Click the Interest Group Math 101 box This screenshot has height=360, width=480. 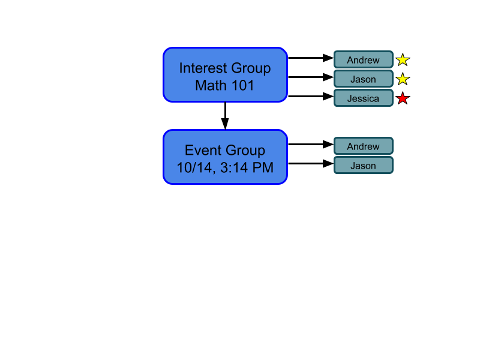pos(225,75)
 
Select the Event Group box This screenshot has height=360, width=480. pos(225,157)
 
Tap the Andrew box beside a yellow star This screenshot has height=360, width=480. pos(363,60)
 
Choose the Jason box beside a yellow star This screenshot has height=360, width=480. pos(363,79)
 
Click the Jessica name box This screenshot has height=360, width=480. pos(363,98)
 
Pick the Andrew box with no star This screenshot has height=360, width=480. pos(363,146)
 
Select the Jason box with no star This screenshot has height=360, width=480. pos(363,166)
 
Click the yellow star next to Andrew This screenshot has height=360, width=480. pos(403,60)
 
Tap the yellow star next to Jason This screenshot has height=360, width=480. pos(403,79)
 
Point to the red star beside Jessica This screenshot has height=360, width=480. pos(403,98)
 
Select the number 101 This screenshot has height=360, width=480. pos(243,86)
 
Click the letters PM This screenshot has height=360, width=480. pos(263,168)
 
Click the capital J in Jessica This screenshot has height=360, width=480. pos(350,98)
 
